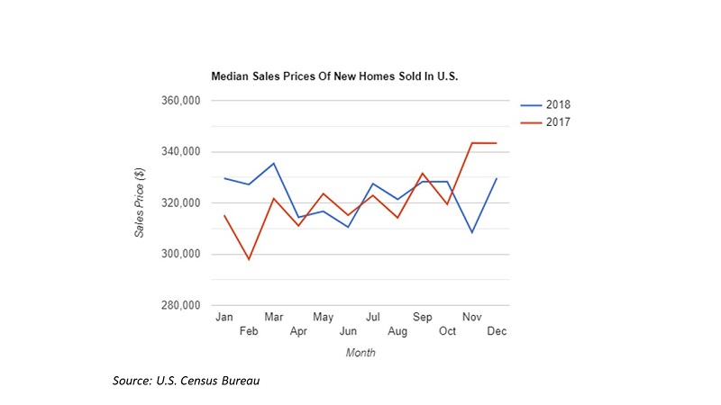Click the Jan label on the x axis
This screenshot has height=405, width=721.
click(x=224, y=317)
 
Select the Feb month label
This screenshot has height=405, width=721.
click(x=249, y=331)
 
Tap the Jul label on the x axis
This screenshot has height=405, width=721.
click(x=372, y=317)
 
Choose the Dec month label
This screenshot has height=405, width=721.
click(x=497, y=331)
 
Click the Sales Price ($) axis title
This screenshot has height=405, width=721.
click(x=140, y=203)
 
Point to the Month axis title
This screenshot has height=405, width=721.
click(x=360, y=353)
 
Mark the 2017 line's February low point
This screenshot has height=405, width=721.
click(x=249, y=259)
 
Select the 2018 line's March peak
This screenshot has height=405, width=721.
click(x=274, y=164)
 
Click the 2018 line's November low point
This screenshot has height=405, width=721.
click(x=471, y=233)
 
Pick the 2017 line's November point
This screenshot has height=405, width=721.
click(x=471, y=143)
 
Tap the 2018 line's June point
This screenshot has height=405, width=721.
click(x=348, y=227)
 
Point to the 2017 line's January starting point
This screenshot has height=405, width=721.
click(x=224, y=216)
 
